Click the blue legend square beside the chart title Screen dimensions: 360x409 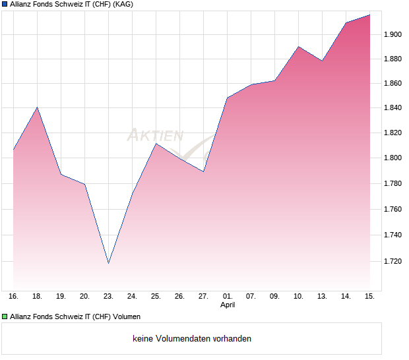(x=5, y=5)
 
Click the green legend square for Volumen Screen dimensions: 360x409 (x=5, y=316)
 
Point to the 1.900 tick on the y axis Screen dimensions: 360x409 (x=393, y=34)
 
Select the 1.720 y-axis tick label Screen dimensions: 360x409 (x=393, y=262)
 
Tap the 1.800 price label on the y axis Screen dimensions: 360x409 (x=393, y=158)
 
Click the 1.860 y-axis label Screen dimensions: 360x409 (x=393, y=84)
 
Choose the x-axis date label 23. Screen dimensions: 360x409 (x=108, y=297)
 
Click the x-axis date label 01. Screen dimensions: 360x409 (x=228, y=297)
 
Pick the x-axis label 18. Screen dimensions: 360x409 (x=37, y=297)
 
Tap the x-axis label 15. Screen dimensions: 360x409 (x=370, y=297)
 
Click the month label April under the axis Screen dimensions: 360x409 (x=228, y=305)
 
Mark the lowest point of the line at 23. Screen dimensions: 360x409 (x=108, y=263)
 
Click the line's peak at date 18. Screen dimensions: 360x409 (x=37, y=107)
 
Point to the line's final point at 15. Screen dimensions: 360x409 (x=370, y=15)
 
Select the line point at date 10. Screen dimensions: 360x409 (x=299, y=47)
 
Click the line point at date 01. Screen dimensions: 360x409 (x=228, y=98)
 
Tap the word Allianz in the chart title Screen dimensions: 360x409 (x=22, y=5)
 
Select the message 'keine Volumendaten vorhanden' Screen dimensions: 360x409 (x=192, y=339)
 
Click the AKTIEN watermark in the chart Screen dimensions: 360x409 (x=156, y=136)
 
